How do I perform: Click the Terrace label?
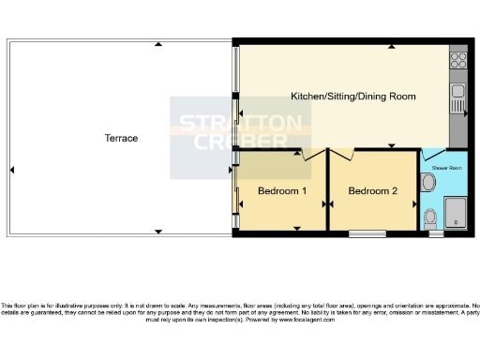tap(121, 139)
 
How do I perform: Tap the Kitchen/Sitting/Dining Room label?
tap(352, 97)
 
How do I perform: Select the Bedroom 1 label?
tap(282, 191)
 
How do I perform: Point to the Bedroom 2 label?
tap(372, 191)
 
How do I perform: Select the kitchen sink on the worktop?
tap(458, 94)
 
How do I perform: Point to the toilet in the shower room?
tap(429, 217)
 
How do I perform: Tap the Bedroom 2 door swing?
tap(341, 155)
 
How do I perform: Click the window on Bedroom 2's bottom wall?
tap(367, 232)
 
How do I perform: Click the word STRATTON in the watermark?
tap(241, 124)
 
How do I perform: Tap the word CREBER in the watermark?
tap(241, 142)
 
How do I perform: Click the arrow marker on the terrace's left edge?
tap(12, 170)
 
